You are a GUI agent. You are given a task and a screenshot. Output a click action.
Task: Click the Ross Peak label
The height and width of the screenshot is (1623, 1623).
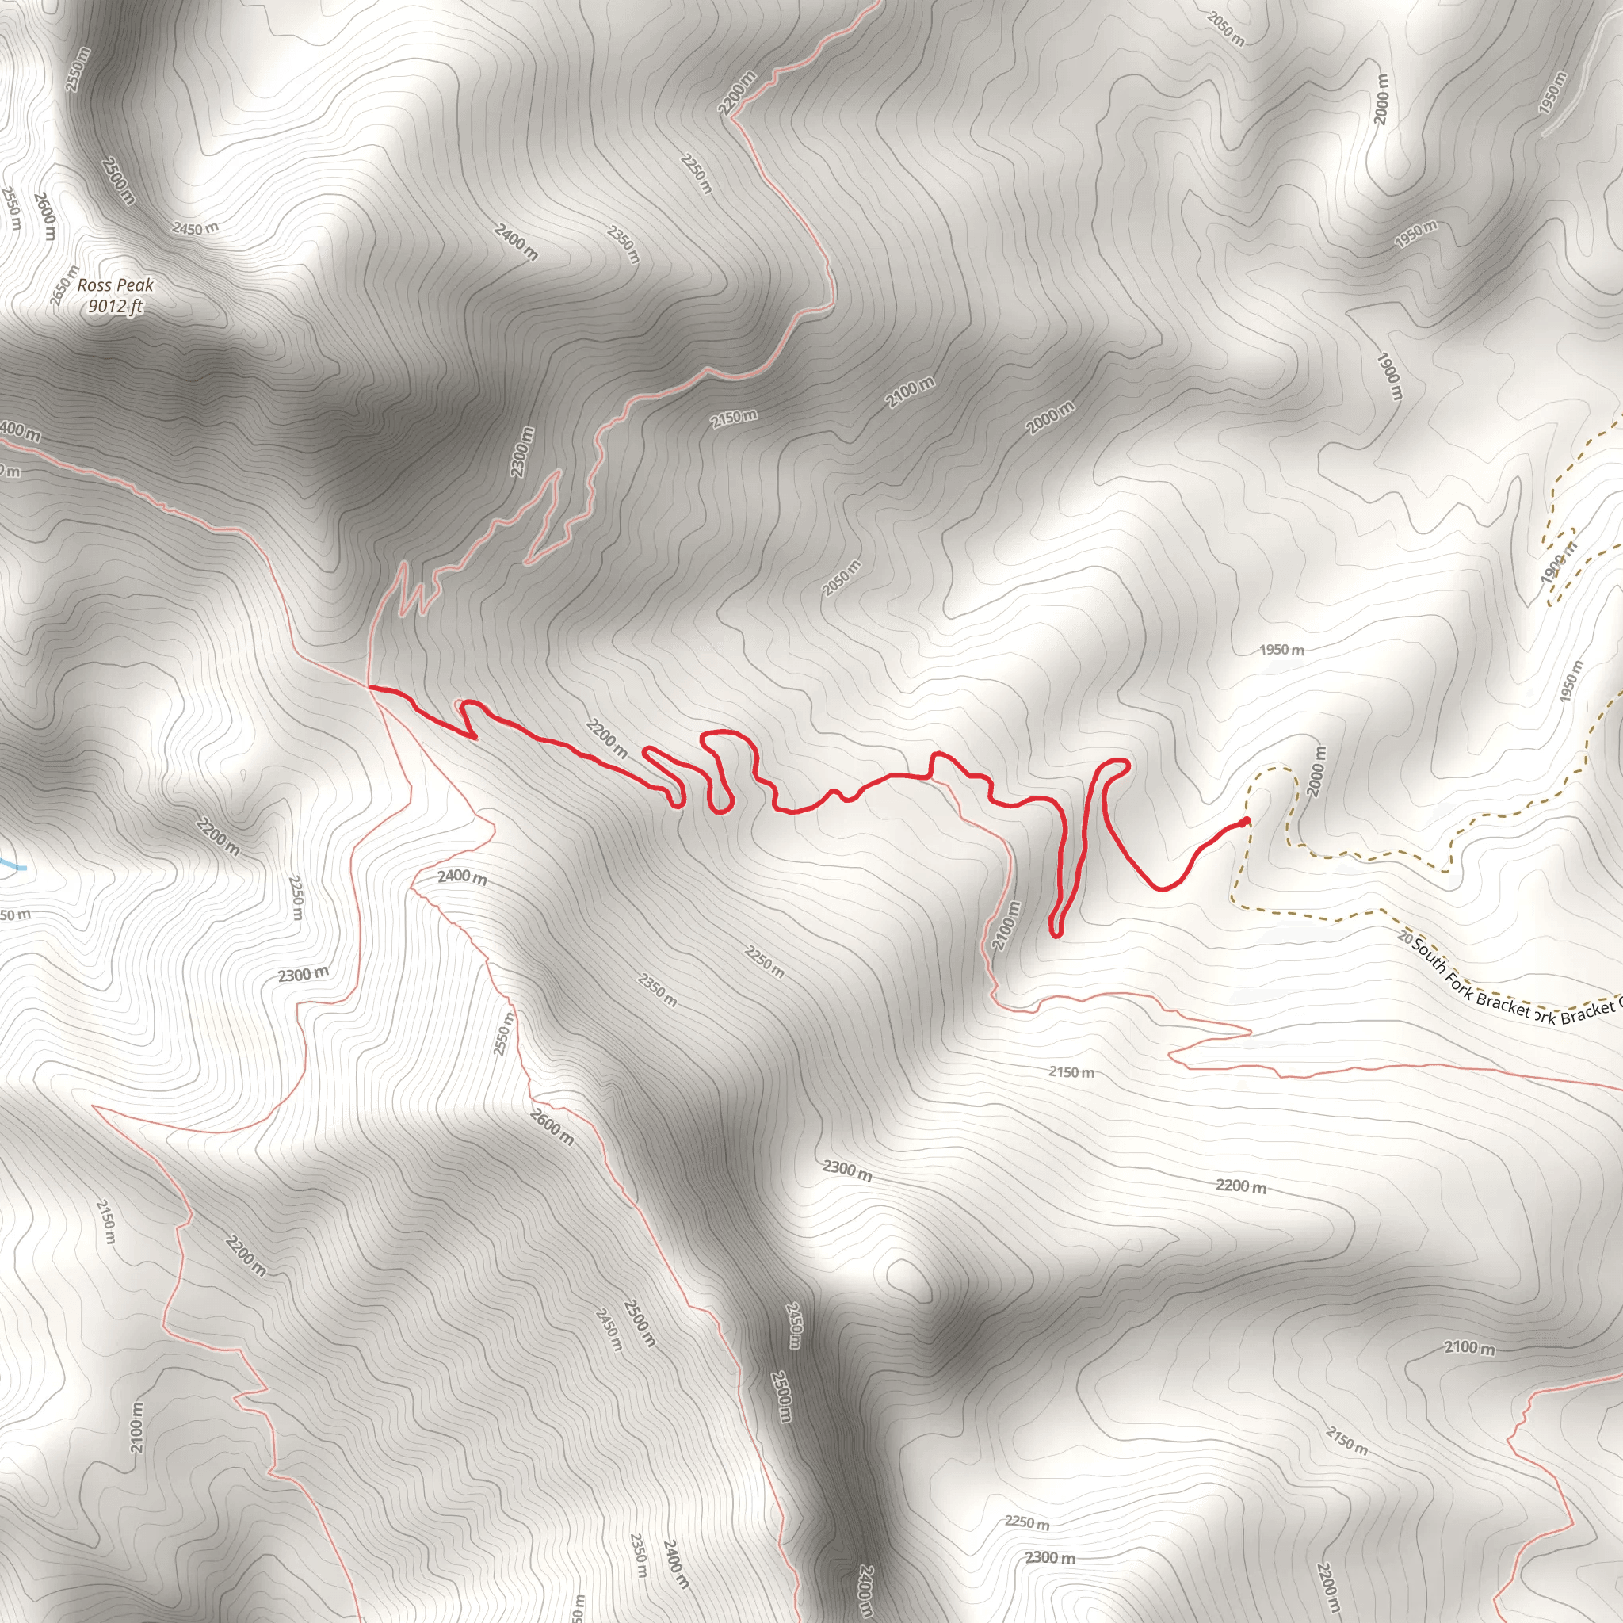point(115,285)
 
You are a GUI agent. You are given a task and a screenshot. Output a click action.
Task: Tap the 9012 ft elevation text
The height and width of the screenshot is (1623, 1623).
point(115,307)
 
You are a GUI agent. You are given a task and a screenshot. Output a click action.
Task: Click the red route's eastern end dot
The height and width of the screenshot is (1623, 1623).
point(1245,821)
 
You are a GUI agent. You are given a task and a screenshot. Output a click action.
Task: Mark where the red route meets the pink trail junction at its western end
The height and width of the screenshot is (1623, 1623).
point(370,688)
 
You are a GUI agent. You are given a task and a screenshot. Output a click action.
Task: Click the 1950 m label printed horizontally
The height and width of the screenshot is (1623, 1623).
point(1282,649)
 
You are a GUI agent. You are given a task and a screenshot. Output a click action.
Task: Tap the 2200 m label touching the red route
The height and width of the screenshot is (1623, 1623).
point(606,738)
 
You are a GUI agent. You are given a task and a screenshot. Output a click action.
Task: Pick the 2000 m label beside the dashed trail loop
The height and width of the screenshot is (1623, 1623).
point(1316,771)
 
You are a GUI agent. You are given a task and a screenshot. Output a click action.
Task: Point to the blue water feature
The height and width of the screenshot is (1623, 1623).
point(10,863)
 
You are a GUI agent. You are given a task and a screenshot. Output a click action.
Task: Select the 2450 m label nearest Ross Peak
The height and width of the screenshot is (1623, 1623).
point(195,227)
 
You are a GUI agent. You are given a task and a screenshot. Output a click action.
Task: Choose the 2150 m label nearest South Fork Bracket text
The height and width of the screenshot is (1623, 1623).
point(1071,1072)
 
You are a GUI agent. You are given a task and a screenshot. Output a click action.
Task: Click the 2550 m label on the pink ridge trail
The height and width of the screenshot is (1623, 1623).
point(502,1034)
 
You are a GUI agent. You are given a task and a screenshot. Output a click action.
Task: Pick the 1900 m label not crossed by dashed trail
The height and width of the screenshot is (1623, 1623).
point(1389,375)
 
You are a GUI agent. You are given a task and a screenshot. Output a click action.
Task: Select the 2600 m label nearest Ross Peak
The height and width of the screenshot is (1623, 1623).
point(46,215)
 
